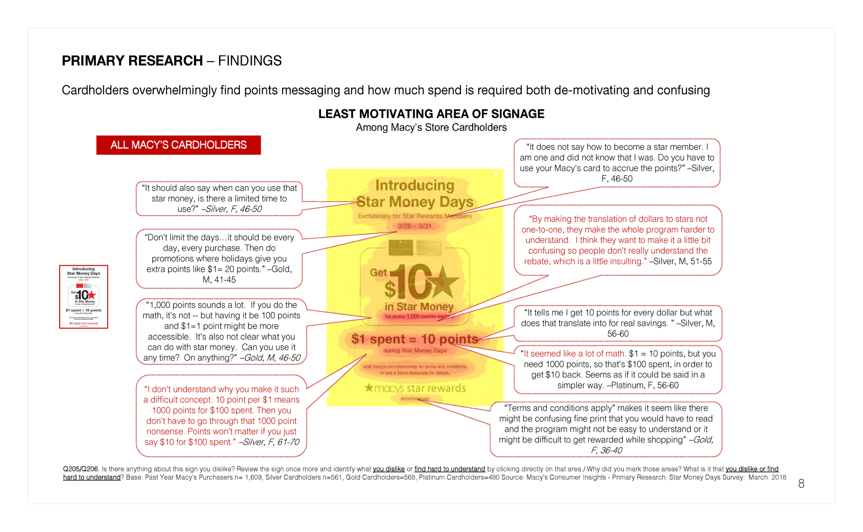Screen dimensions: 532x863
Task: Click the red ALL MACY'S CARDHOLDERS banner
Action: click(x=178, y=145)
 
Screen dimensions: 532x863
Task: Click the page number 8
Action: click(x=801, y=484)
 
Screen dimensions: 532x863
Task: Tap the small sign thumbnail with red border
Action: click(x=84, y=297)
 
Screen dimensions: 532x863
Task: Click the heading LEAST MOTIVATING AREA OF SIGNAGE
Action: click(x=431, y=114)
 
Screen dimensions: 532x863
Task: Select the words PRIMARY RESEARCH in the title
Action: click(x=132, y=60)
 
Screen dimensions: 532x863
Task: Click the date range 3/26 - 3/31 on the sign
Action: click(x=414, y=226)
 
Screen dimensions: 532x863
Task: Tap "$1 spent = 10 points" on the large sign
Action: click(x=415, y=339)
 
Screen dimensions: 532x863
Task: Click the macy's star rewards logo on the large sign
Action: click(x=415, y=388)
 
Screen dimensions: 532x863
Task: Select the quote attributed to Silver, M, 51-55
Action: click(x=617, y=240)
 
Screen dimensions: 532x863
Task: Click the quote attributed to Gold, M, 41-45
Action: click(x=219, y=258)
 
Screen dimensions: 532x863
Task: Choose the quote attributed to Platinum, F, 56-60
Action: click(x=617, y=370)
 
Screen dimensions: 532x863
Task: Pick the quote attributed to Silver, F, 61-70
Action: click(x=222, y=415)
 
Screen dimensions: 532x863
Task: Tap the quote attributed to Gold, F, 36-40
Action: click(x=606, y=429)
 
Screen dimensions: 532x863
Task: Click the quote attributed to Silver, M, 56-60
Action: click(x=617, y=323)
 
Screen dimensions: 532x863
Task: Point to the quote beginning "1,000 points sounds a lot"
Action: click(x=222, y=331)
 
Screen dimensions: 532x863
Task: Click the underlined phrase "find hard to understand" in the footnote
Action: click(x=449, y=469)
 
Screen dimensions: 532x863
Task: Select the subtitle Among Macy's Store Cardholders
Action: click(x=431, y=127)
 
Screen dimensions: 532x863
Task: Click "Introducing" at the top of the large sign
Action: click(x=415, y=185)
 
